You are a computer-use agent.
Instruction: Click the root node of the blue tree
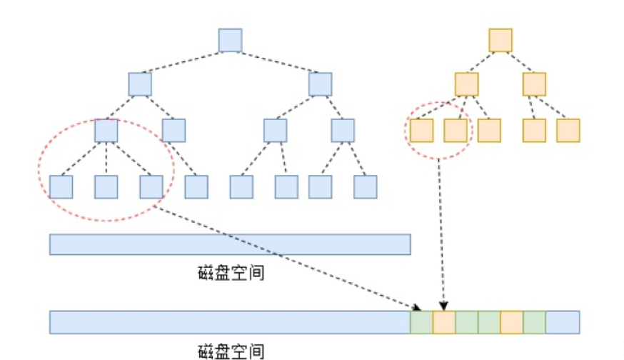230,40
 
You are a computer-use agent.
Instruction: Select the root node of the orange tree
500,40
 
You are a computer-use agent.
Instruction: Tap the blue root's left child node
140,84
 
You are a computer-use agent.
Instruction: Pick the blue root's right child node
321,84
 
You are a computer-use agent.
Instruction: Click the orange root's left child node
467,84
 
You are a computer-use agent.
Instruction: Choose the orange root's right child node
534,84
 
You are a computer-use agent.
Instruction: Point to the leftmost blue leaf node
61,186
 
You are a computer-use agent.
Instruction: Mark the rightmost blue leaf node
365,186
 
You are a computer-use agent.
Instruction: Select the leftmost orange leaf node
422,130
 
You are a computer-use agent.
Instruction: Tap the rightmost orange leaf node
568,130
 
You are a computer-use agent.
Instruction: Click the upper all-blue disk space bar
230,244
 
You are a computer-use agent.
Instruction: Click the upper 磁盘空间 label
231,273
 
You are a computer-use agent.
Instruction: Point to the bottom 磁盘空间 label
231,351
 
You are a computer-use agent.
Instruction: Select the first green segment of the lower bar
421,322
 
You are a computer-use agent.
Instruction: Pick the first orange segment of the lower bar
444,322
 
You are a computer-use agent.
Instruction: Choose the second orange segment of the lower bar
512,322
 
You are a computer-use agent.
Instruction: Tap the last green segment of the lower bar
535,322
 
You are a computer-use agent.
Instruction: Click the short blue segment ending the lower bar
563,322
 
